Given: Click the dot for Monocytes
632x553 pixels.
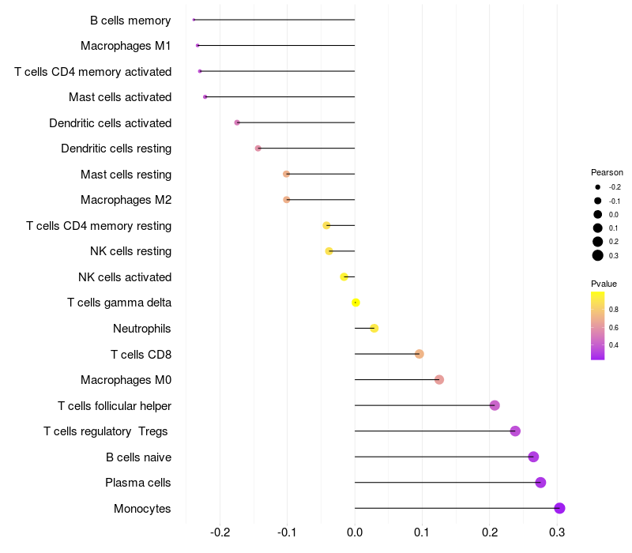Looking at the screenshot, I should click(x=559, y=508).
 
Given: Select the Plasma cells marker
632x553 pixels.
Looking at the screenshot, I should click(x=540, y=483).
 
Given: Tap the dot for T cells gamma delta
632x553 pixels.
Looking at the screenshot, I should click(x=355, y=303).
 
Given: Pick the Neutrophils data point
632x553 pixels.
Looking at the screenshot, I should click(x=374, y=329).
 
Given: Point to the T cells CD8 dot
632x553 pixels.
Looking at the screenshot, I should click(x=419, y=354).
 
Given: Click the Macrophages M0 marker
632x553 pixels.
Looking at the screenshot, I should click(x=439, y=380).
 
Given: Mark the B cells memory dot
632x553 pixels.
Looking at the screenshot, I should click(x=194, y=20).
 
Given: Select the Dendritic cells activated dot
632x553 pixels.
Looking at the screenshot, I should click(x=237, y=122).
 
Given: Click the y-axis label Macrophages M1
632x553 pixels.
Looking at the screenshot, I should click(x=126, y=46).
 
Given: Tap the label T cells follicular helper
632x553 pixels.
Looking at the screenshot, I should click(x=115, y=406).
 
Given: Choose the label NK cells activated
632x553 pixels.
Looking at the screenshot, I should click(x=125, y=277).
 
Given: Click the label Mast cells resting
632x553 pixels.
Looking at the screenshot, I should click(x=126, y=175).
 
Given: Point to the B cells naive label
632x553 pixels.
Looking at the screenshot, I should click(x=138, y=457).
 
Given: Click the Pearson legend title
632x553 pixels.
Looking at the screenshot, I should click(x=607, y=172).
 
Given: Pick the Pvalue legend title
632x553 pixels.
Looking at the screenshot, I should click(x=604, y=284).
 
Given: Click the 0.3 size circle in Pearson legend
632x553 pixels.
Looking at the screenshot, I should click(x=598, y=255).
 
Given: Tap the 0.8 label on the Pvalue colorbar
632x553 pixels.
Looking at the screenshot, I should click(x=614, y=309).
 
